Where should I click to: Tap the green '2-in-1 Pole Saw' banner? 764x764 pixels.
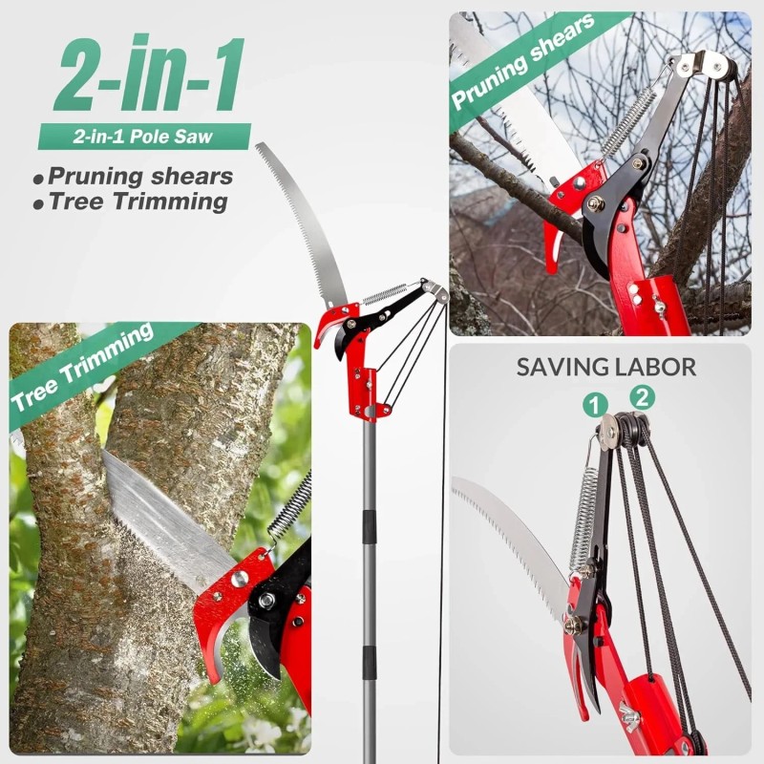pyautogui.click(x=143, y=137)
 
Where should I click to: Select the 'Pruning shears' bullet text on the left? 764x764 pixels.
pyautogui.click(x=139, y=177)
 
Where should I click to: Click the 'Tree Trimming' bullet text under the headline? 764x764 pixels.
pyautogui.click(x=138, y=202)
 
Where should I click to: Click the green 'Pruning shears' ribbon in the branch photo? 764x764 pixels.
pyautogui.click(x=521, y=62)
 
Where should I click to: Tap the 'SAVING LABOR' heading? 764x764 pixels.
pyautogui.click(x=605, y=367)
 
